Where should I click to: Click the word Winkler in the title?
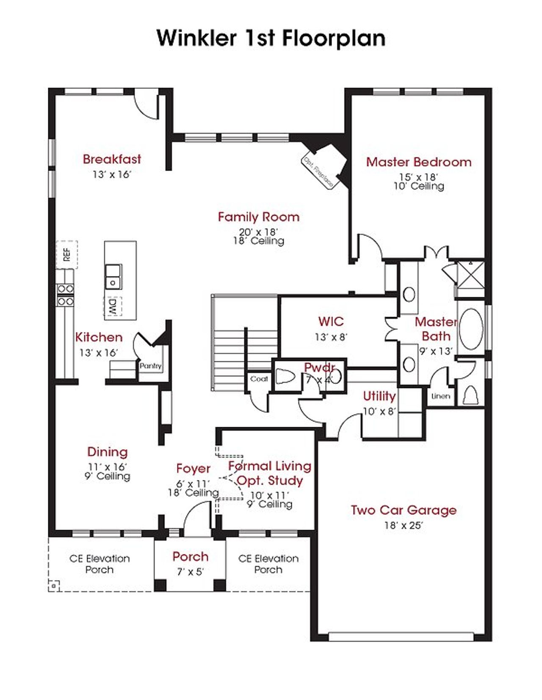(196, 38)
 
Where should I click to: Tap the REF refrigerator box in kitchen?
(67, 254)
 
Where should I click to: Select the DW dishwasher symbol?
(113, 307)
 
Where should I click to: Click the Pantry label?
(151, 366)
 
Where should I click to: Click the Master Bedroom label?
(419, 162)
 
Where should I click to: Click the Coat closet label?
(259, 379)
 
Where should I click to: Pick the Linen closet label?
(440, 396)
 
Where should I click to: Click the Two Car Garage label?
(404, 510)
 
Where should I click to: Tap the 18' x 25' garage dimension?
(404, 525)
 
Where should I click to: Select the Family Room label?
(258, 217)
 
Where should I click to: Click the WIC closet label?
(331, 321)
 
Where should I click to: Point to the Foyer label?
(193, 469)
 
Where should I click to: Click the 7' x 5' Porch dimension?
(190, 572)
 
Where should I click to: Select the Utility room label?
(379, 396)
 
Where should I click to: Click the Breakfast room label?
(112, 159)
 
